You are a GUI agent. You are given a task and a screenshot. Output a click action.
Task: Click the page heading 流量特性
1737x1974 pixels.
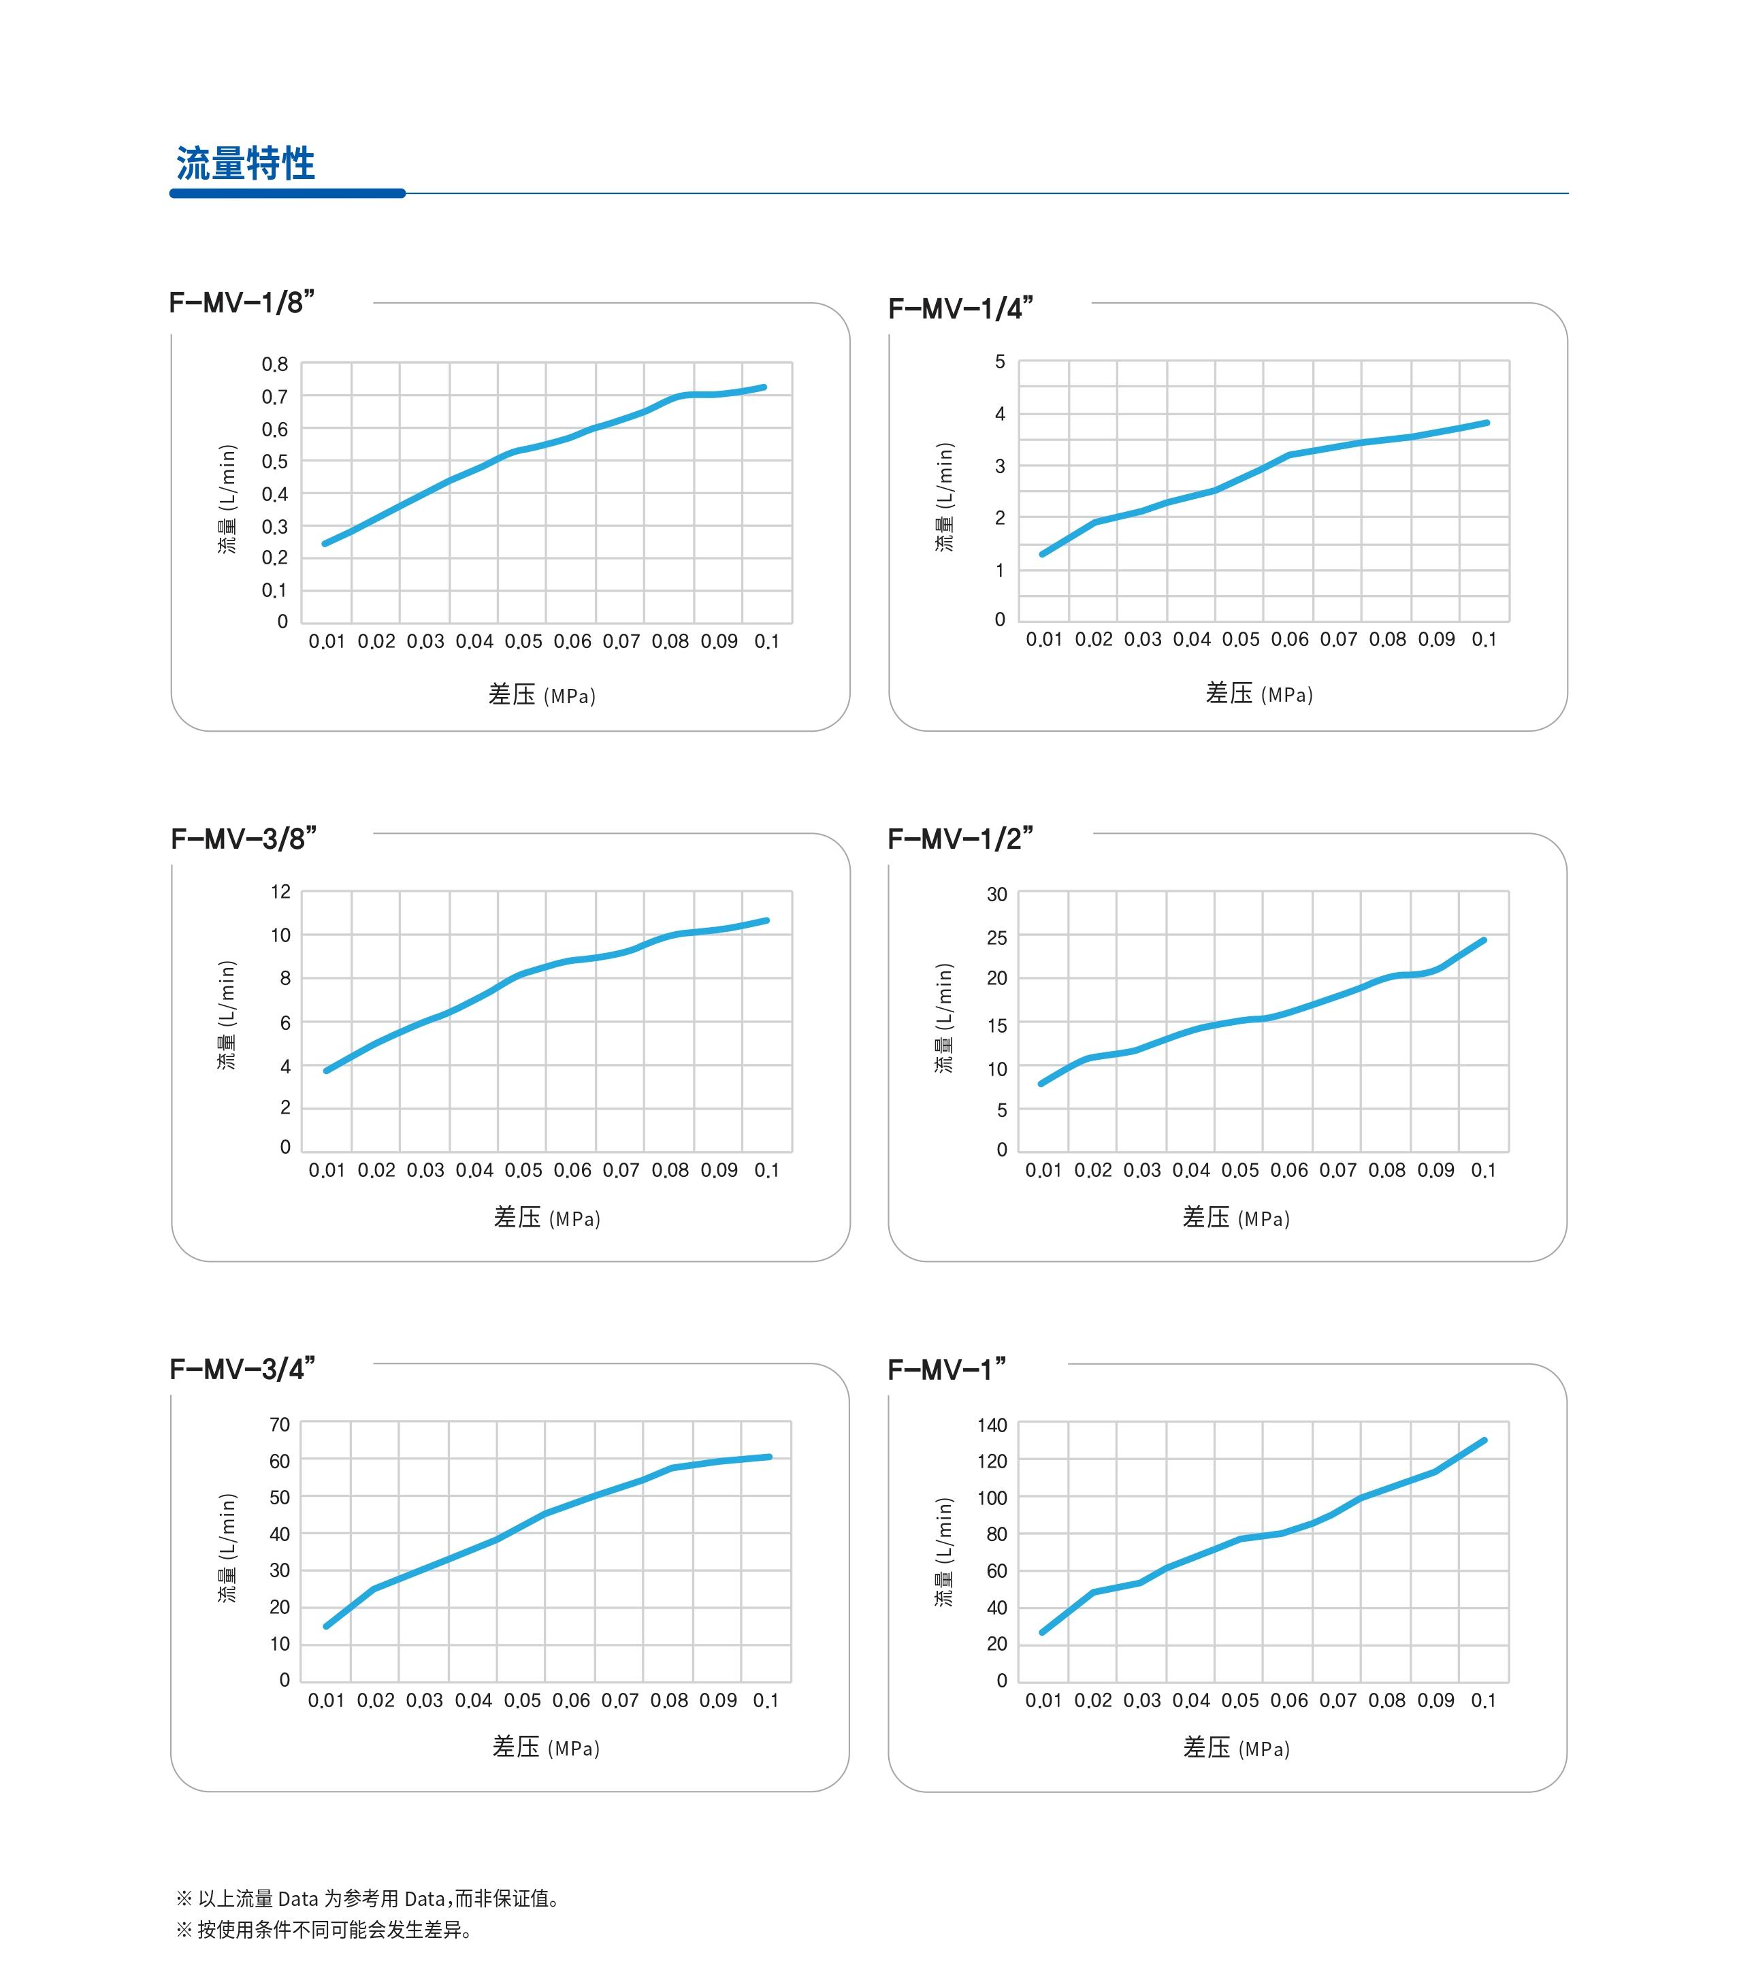tap(245, 163)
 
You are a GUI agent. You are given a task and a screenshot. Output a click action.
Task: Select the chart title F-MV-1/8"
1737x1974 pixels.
tap(242, 302)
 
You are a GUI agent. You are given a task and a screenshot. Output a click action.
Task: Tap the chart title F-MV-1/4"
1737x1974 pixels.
tap(960, 308)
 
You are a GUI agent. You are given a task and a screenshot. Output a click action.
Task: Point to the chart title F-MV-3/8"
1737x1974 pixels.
tap(243, 839)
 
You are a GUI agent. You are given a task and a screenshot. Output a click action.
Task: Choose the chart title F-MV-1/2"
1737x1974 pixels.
tap(960, 839)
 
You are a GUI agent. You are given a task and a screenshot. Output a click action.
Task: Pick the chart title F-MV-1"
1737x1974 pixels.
tap(946, 1370)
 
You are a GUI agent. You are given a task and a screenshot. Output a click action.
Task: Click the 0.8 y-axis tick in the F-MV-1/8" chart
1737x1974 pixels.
tap(274, 364)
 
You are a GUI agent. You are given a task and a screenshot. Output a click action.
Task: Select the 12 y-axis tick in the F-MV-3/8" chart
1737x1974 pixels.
tap(280, 892)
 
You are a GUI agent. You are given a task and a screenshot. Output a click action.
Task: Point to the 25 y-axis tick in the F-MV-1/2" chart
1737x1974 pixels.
tap(996, 938)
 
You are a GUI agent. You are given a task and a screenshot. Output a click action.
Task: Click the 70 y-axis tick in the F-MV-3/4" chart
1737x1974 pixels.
tap(279, 1425)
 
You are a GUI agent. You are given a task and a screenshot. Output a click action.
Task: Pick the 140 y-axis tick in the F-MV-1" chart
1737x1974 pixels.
tap(992, 1425)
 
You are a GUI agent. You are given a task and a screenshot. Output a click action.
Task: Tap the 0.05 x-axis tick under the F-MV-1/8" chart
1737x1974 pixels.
tap(523, 641)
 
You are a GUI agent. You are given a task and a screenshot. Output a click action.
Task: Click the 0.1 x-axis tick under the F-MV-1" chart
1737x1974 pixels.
tap(1483, 1700)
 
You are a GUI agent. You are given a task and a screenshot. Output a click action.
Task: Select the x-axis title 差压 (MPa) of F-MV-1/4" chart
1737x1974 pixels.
tap(1259, 694)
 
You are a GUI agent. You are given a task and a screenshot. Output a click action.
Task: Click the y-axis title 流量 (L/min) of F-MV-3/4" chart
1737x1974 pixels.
tap(227, 1548)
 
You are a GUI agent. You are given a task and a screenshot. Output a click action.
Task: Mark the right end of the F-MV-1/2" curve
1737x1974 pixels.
tap(1483, 939)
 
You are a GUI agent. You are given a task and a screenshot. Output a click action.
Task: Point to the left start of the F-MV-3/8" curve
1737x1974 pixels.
tap(326, 1070)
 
